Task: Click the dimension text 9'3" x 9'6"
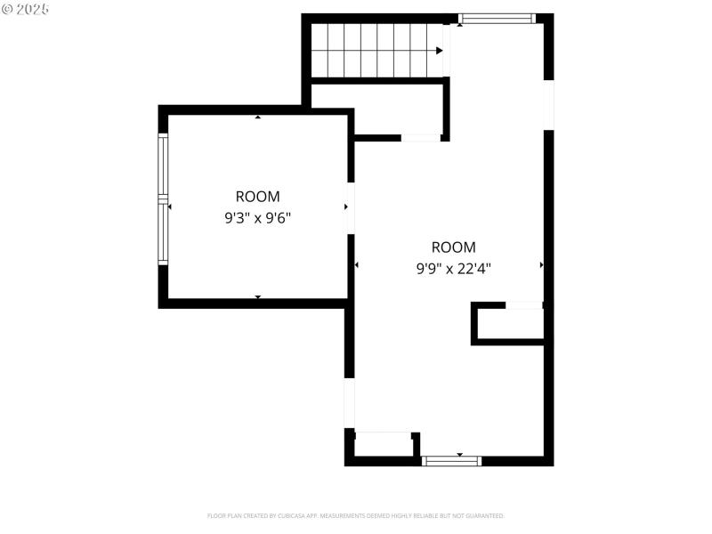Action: click(257, 216)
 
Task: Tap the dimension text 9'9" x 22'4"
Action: click(454, 267)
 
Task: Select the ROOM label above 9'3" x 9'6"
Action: click(257, 197)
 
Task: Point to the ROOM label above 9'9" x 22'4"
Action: click(454, 247)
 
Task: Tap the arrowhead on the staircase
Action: click(440, 51)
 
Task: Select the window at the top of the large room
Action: click(497, 18)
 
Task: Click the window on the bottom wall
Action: click(451, 460)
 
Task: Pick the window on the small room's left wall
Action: click(163, 199)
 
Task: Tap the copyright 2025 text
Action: click(26, 9)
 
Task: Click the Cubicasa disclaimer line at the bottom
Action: click(356, 515)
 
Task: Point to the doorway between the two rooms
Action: click(351, 207)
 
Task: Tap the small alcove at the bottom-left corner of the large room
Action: click(383, 444)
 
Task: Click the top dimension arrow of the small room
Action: click(258, 117)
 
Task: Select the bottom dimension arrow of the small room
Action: click(258, 296)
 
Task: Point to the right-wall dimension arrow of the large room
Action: click(541, 265)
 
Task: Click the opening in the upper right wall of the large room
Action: click(548, 105)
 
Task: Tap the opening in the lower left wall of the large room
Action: click(350, 403)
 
